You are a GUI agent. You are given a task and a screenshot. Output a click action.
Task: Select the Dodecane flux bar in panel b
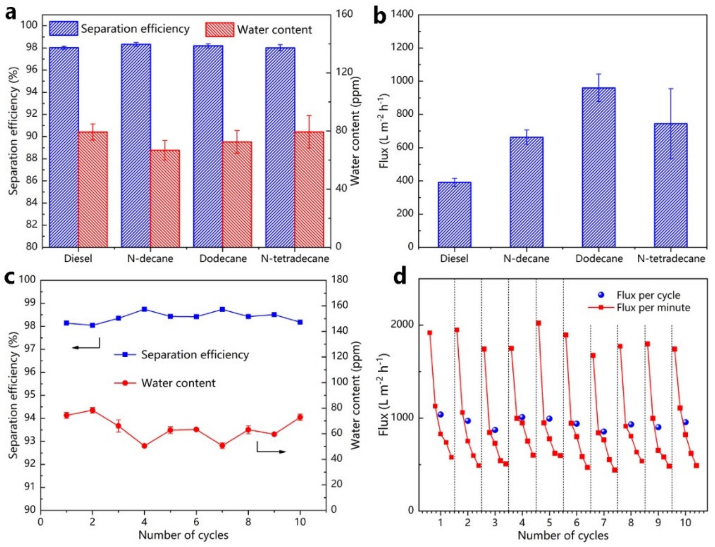[598, 168]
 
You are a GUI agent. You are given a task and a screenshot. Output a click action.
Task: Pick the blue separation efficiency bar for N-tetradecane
[280, 147]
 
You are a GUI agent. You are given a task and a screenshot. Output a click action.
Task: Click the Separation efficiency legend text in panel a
[135, 29]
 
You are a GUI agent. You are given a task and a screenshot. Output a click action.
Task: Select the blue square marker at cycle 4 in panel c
[144, 309]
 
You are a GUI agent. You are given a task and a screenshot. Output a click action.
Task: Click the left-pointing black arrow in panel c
[86, 347]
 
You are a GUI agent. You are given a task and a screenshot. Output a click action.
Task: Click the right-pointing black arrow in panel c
[271, 451]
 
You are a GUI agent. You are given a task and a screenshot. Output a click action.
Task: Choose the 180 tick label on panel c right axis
[339, 280]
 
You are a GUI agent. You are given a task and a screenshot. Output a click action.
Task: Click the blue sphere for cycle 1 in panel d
[440, 414]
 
